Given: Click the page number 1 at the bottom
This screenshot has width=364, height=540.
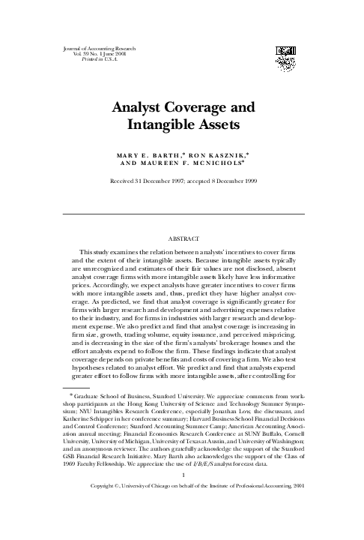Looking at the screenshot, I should (183, 516).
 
